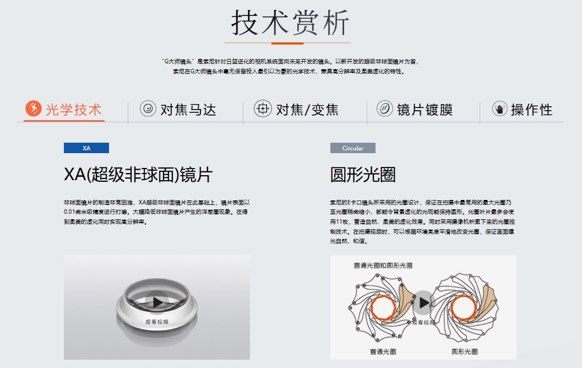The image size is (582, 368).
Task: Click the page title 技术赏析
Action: click(x=290, y=23)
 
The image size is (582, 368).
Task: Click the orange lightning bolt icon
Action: click(x=34, y=109)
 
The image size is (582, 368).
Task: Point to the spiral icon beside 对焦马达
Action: click(x=148, y=109)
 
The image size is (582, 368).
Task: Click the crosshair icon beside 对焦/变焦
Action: click(x=263, y=109)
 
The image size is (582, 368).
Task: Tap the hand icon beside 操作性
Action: click(x=499, y=109)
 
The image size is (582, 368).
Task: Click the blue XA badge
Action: click(x=86, y=148)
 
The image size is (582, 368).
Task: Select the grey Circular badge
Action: click(x=353, y=148)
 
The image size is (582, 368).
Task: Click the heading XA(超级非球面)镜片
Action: click(x=138, y=174)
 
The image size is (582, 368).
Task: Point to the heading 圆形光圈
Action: click(x=363, y=174)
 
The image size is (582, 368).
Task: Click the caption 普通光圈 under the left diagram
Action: click(x=383, y=351)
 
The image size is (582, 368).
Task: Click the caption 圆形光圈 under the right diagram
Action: click(x=465, y=351)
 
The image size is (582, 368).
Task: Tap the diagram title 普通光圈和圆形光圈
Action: click(x=383, y=266)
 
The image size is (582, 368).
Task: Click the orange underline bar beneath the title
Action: click(x=287, y=44)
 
